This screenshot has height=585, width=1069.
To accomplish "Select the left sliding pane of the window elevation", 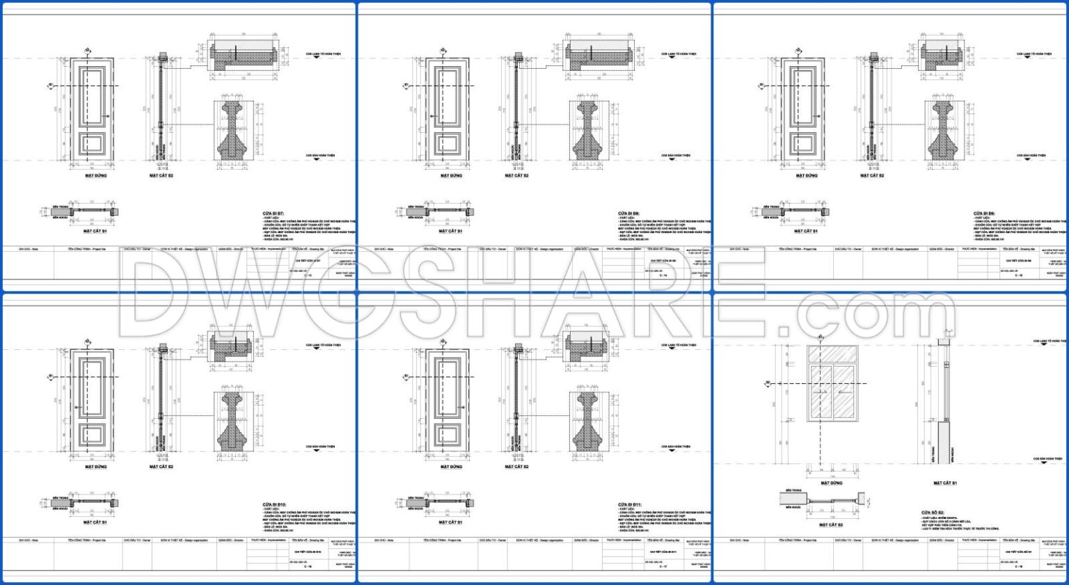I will coord(820,393).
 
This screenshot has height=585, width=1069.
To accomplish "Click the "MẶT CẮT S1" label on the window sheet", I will coord(944,483).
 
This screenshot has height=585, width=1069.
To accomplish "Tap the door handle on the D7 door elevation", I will coord(107,115).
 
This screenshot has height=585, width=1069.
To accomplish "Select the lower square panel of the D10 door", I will coord(93,436).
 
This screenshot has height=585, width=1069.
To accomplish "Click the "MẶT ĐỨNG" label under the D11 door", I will coord(451,467).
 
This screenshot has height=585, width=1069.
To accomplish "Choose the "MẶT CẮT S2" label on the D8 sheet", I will coord(516,176).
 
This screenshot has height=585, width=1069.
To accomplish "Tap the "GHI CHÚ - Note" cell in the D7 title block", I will coord(29,248).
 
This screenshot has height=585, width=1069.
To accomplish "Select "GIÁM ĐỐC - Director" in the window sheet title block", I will coord(942,540).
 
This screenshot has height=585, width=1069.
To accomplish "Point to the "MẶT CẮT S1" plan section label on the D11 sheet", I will coord(450,522).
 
